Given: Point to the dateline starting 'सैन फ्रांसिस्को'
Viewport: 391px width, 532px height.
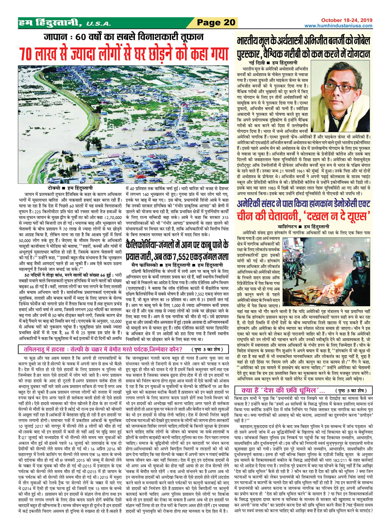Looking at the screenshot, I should [x=176, y=264].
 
